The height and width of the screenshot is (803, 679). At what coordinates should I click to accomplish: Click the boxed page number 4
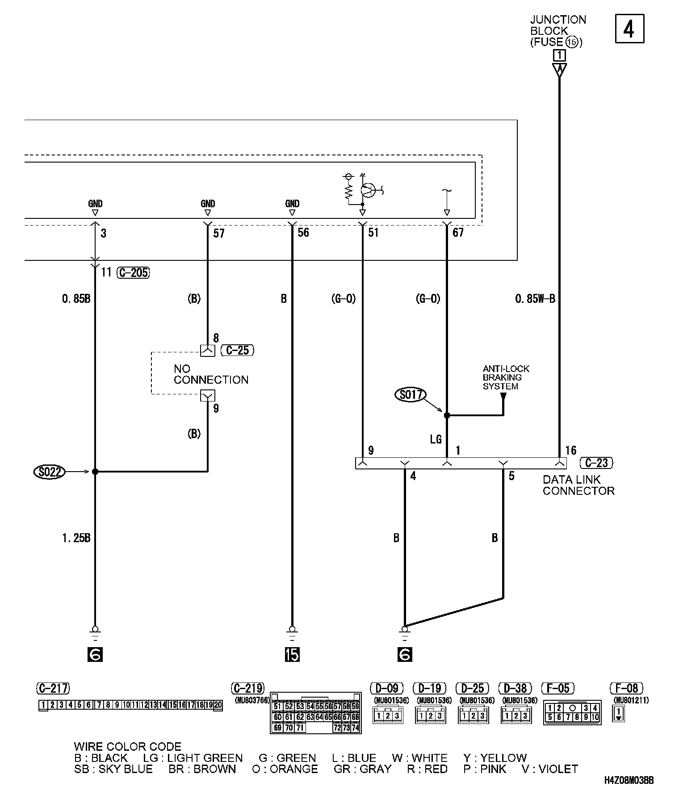coord(629,29)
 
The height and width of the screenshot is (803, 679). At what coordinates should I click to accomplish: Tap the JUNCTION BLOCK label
coord(558,25)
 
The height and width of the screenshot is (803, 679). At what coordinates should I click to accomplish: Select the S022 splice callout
coord(50,472)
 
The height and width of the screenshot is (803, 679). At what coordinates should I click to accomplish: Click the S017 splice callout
coord(411,395)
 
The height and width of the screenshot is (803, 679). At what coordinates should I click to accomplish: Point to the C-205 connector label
coord(133,272)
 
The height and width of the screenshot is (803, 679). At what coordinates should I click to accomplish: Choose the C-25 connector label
coord(237,350)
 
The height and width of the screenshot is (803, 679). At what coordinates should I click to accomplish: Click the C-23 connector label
coord(596,463)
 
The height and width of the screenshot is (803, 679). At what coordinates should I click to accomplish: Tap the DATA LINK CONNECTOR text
coord(578,485)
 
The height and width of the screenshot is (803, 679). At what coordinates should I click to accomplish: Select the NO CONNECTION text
coord(211,374)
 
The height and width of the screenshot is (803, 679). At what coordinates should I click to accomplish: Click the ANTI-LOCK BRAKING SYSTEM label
coord(506,377)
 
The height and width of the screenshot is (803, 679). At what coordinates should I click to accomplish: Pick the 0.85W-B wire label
coord(535,299)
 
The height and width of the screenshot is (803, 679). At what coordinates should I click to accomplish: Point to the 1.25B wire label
coord(76,538)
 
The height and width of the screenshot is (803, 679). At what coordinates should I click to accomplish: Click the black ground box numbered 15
coord(292,654)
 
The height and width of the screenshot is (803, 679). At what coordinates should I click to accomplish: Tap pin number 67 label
coord(458,232)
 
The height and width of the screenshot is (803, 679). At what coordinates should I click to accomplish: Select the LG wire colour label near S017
coord(436,439)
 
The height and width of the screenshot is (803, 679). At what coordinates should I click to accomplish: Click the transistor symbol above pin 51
coord(369,190)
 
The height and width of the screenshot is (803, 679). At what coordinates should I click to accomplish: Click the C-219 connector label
coord(248,688)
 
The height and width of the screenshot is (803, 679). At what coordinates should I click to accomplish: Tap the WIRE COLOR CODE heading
coord(128,747)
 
